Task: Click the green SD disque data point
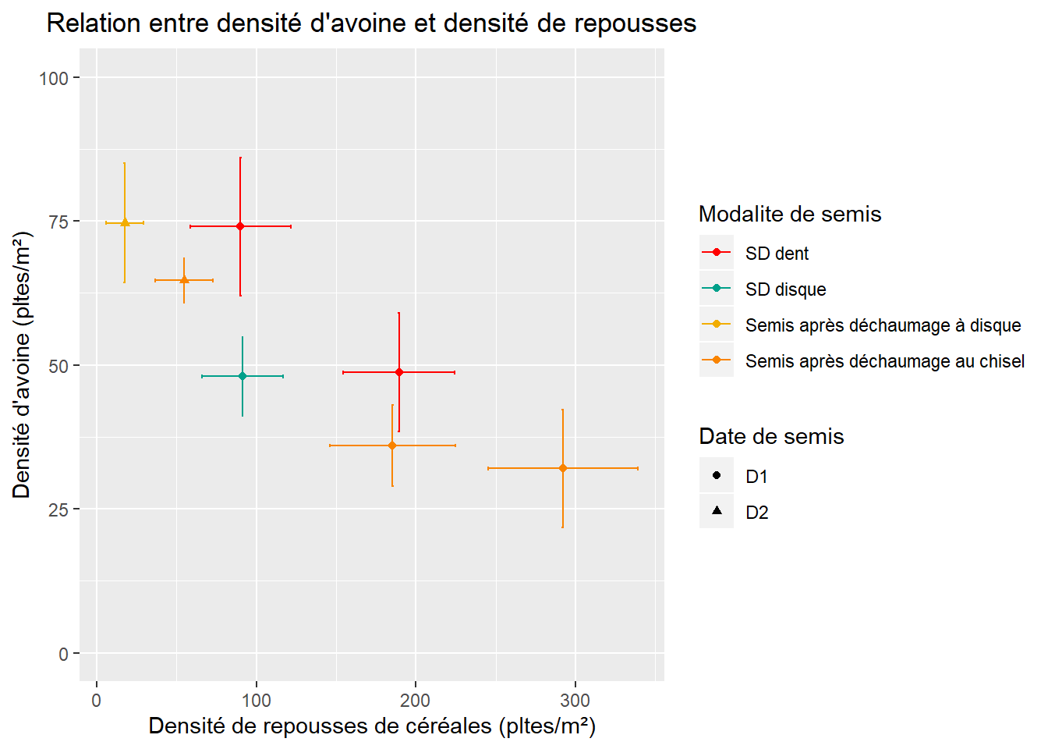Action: pyautogui.click(x=243, y=376)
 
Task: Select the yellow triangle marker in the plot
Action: pyautogui.click(x=125, y=222)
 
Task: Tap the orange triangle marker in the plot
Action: pyautogui.click(x=184, y=279)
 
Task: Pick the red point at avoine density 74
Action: pyautogui.click(x=240, y=226)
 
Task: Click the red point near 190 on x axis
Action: pyautogui.click(x=399, y=372)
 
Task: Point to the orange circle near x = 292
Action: pyautogui.click(x=562, y=468)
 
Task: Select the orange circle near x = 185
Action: pyautogui.click(x=392, y=445)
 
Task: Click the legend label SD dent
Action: pyautogui.click(x=777, y=254)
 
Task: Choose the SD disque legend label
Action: pyautogui.click(x=785, y=289)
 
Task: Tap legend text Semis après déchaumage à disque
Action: pyautogui.click(x=883, y=325)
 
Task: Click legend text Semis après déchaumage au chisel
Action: pyautogui.click(x=884, y=361)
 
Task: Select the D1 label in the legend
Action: pyautogui.click(x=756, y=477)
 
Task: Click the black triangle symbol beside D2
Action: pyautogui.click(x=717, y=511)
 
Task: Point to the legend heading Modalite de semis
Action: pyautogui.click(x=789, y=214)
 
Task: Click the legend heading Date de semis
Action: pyautogui.click(x=770, y=436)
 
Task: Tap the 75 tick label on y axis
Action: pyautogui.click(x=58, y=222)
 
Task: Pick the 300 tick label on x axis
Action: pyautogui.click(x=575, y=701)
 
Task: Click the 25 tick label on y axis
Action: pyautogui.click(x=58, y=509)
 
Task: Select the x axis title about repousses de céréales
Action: pyautogui.click(x=372, y=726)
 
